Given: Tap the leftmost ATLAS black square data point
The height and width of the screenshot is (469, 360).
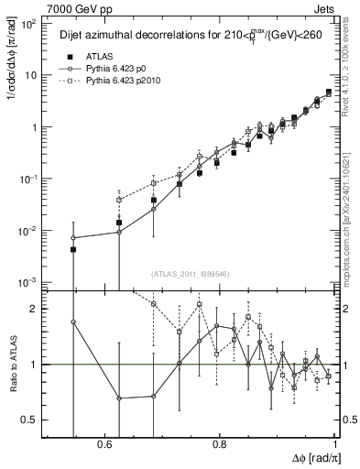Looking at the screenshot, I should point(73,249).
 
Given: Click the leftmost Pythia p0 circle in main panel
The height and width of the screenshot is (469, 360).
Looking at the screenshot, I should point(73,238).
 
